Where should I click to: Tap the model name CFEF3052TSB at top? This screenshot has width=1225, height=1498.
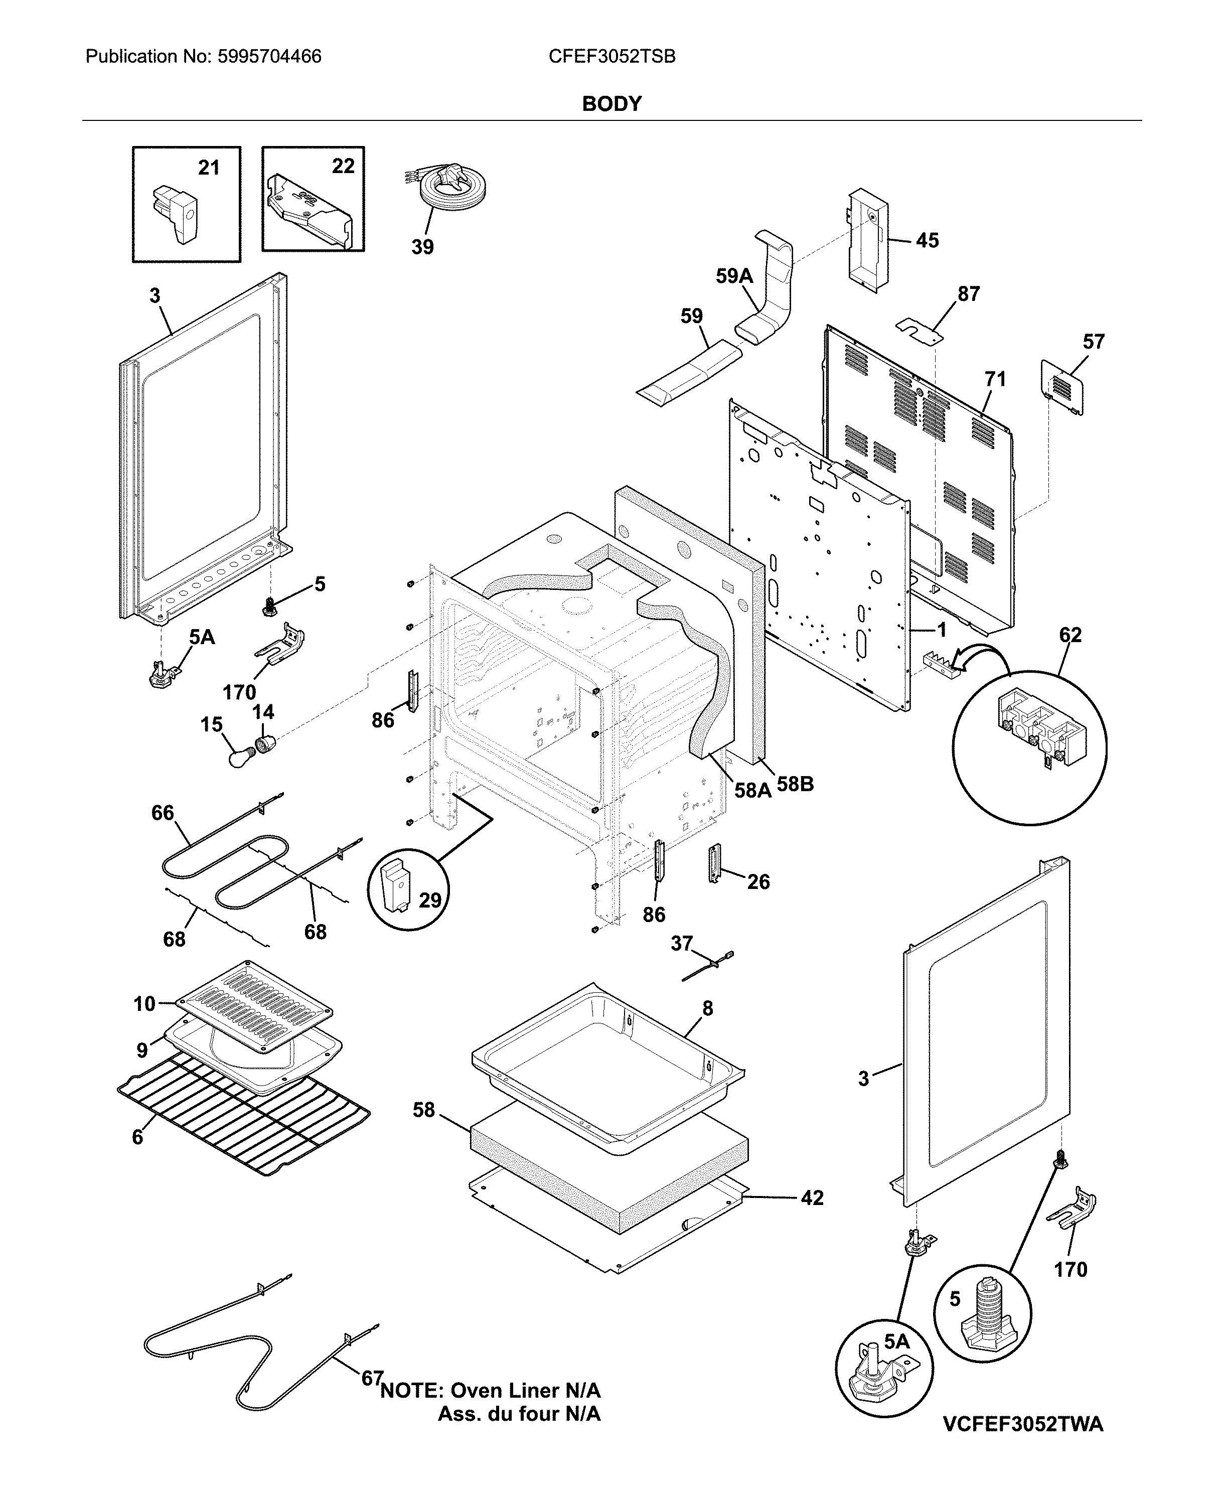point(612,57)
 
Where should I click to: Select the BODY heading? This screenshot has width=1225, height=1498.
point(612,104)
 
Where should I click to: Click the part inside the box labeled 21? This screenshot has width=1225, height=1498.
point(177,214)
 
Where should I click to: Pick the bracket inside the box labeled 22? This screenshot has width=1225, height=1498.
point(311,209)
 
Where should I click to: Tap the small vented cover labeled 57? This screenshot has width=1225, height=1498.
point(1062,387)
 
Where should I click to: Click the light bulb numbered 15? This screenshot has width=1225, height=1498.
point(240,757)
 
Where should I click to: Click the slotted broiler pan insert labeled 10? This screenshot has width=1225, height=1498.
point(254,1006)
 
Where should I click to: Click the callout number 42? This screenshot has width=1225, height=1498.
point(812,1197)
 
